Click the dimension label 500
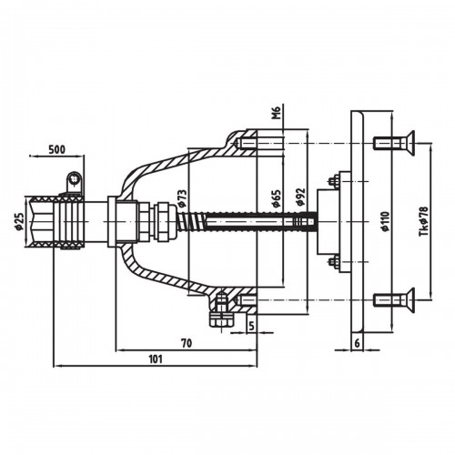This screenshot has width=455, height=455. click(57, 149)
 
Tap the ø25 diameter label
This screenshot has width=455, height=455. click(19, 221)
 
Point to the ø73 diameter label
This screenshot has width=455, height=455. click(182, 198)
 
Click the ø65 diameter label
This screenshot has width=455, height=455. click(277, 198)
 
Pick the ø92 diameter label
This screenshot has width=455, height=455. click(301, 197)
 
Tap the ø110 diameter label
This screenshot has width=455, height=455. click(385, 222)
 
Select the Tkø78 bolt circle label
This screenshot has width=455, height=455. click(424, 221)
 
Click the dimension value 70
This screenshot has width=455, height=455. click(187, 343)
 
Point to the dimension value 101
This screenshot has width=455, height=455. click(156, 359)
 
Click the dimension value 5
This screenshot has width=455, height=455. click(251, 326)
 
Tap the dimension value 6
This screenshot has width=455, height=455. click(357, 343)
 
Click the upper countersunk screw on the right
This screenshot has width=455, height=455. click(394, 143)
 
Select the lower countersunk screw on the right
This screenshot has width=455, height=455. click(394, 299)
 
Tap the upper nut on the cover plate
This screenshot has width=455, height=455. click(333, 181)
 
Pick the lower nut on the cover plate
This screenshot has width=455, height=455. click(333, 261)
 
